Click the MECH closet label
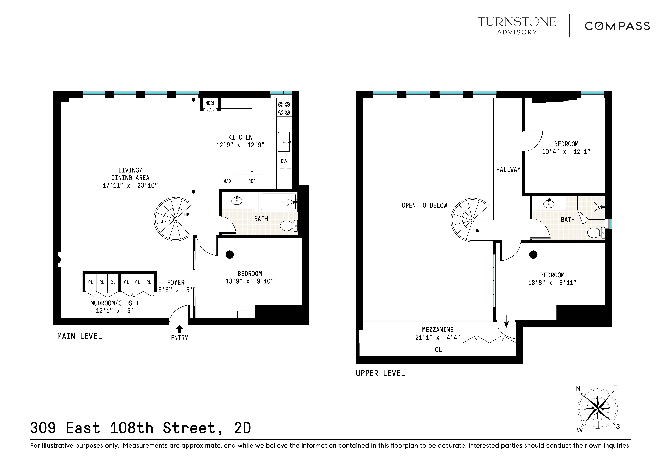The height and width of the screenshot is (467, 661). point(210,103)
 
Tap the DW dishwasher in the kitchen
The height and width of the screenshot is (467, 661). point(284,161)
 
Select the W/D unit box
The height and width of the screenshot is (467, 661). point(227,181)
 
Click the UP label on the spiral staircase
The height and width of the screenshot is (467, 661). point(187,215)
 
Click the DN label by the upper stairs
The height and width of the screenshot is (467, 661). point(477,231)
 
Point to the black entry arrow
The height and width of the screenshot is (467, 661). point(179,329)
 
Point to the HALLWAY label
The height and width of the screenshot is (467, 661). point(508,170)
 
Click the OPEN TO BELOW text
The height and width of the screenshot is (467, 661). point(424,205)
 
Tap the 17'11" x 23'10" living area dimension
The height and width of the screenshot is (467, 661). point(130,185)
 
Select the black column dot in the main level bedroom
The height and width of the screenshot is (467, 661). point(229,254)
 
